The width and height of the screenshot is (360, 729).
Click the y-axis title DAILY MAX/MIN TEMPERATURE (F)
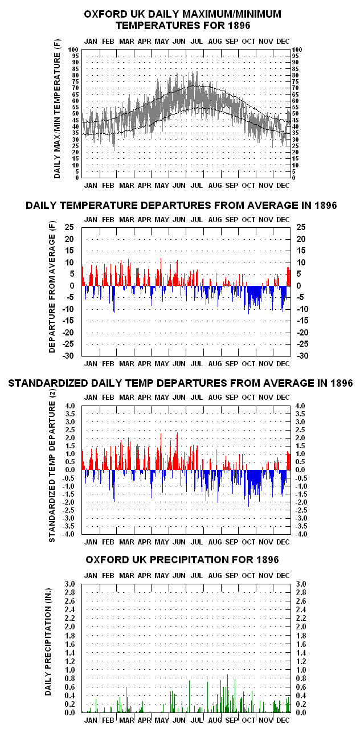pyautogui.click(x=58, y=109)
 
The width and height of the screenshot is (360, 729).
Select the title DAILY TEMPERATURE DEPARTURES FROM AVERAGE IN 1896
pyautogui.click(x=181, y=206)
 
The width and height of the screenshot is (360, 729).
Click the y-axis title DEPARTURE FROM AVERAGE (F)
pyautogui.click(x=52, y=287)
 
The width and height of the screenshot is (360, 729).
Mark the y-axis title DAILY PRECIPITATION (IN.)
pyautogui.click(x=48, y=642)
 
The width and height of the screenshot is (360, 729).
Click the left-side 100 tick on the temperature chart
pyautogui.click(x=73, y=50)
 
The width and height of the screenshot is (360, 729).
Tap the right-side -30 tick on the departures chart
pyautogui.click(x=302, y=356)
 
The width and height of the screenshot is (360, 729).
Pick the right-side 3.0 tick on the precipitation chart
pyautogui.click(x=301, y=584)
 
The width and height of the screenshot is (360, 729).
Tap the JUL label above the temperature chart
pyautogui.click(x=197, y=42)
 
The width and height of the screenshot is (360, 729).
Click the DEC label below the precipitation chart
pyautogui.click(x=283, y=720)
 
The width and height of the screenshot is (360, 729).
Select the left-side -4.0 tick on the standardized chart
pyautogui.click(x=69, y=534)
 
